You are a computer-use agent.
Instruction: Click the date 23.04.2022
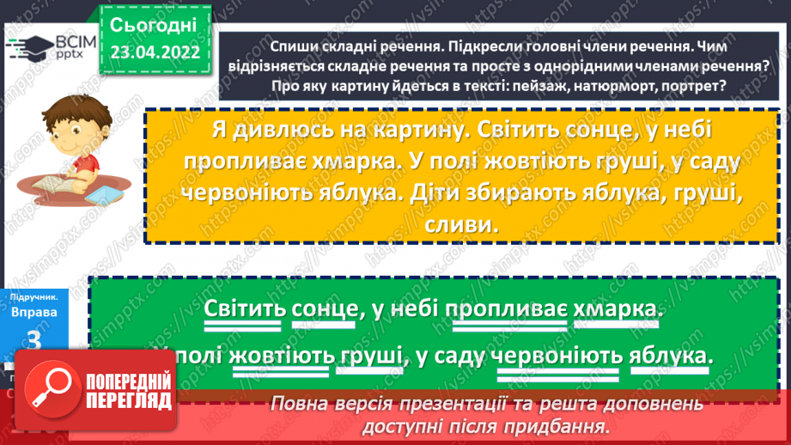(x=155, y=52)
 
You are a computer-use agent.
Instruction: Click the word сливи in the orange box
(x=462, y=225)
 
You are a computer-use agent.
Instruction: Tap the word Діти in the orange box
(x=436, y=194)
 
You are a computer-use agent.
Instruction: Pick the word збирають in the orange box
(x=532, y=194)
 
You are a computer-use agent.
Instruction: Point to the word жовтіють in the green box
(x=278, y=355)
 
